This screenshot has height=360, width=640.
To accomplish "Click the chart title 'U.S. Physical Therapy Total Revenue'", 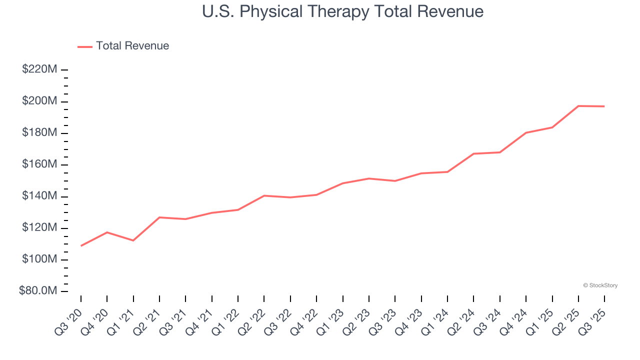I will [342, 11].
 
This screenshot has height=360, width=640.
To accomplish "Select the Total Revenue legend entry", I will [123, 46].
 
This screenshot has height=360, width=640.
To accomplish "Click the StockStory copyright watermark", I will [600, 285].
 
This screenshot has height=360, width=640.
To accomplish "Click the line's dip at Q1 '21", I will [133, 240].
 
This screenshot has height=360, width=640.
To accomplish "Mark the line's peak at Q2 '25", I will [578, 106].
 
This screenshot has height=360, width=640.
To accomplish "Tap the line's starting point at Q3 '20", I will [81, 245].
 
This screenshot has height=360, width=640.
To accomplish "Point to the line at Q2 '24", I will [473, 153].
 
